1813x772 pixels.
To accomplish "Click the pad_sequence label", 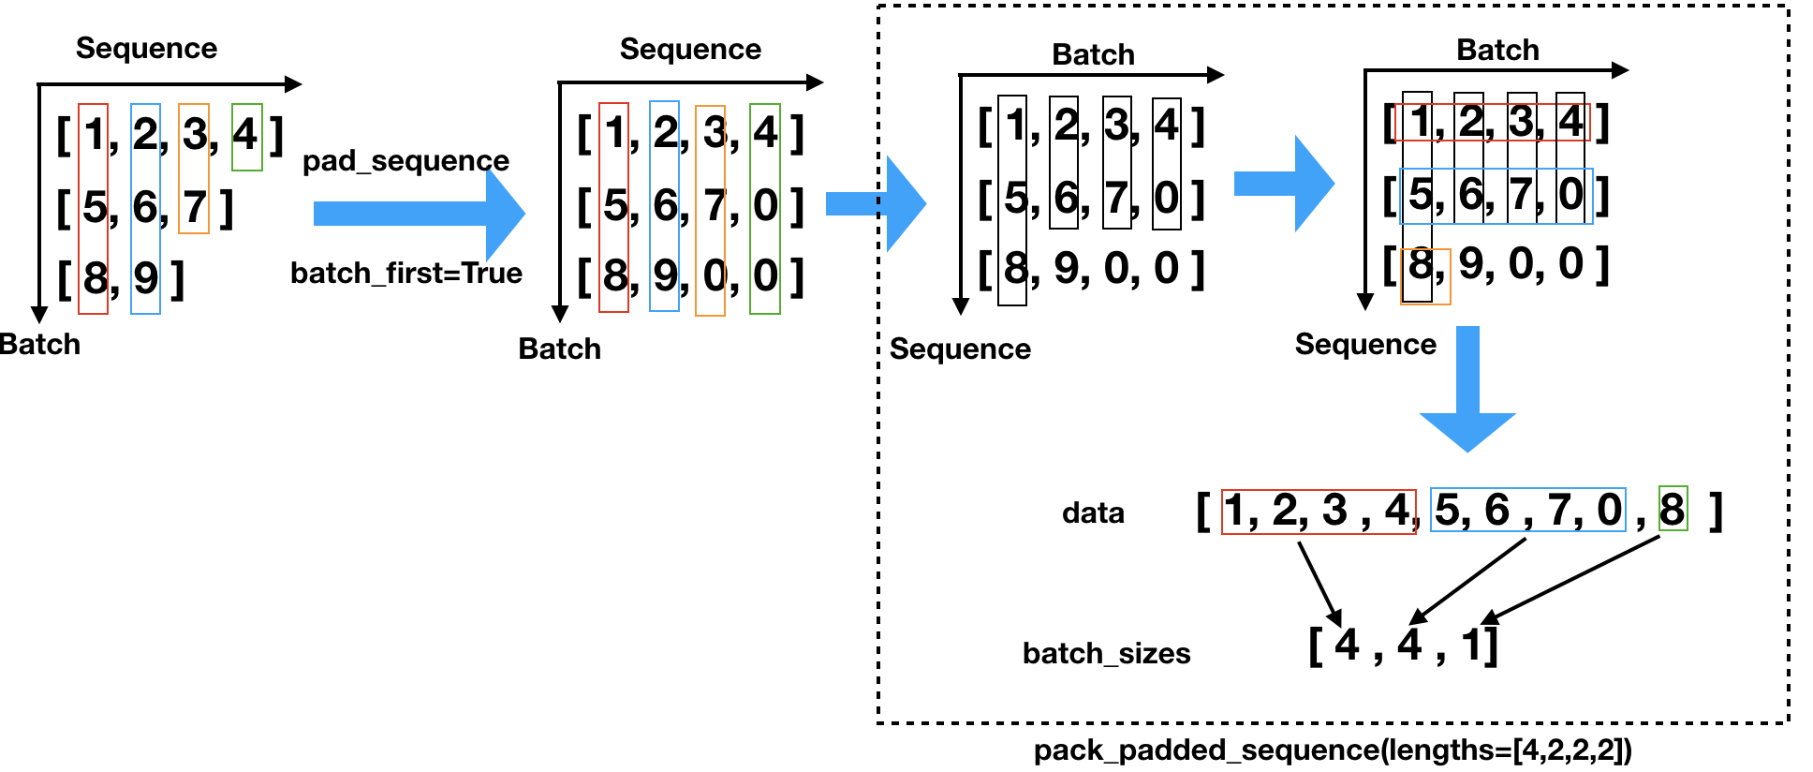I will [x=405, y=161].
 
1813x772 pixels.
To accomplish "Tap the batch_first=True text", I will [x=405, y=273].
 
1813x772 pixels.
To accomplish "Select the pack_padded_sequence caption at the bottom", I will [x=1333, y=750].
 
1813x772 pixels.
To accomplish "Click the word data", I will [x=1093, y=512].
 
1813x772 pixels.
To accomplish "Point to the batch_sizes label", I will [x=1106, y=653].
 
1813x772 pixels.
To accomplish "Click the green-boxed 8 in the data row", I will [x=1673, y=510].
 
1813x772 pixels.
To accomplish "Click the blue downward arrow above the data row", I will [x=1467, y=393].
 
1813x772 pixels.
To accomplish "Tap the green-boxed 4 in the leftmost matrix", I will [x=246, y=135].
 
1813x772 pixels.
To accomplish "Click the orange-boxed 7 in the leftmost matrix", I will [x=194, y=207].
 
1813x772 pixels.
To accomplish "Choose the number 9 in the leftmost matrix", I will [x=145, y=278].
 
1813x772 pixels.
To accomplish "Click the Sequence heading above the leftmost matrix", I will [x=146, y=48].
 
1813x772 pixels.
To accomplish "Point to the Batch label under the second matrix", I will [x=559, y=349].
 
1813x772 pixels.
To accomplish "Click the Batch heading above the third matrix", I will [x=1093, y=54].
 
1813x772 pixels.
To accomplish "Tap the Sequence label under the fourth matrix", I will [x=1365, y=344].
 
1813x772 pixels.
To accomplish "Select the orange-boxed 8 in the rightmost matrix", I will [x=1422, y=266].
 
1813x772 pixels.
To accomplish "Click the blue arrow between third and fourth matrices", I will [x=1283, y=184].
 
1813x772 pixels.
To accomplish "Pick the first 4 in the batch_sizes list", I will [x=1347, y=646].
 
